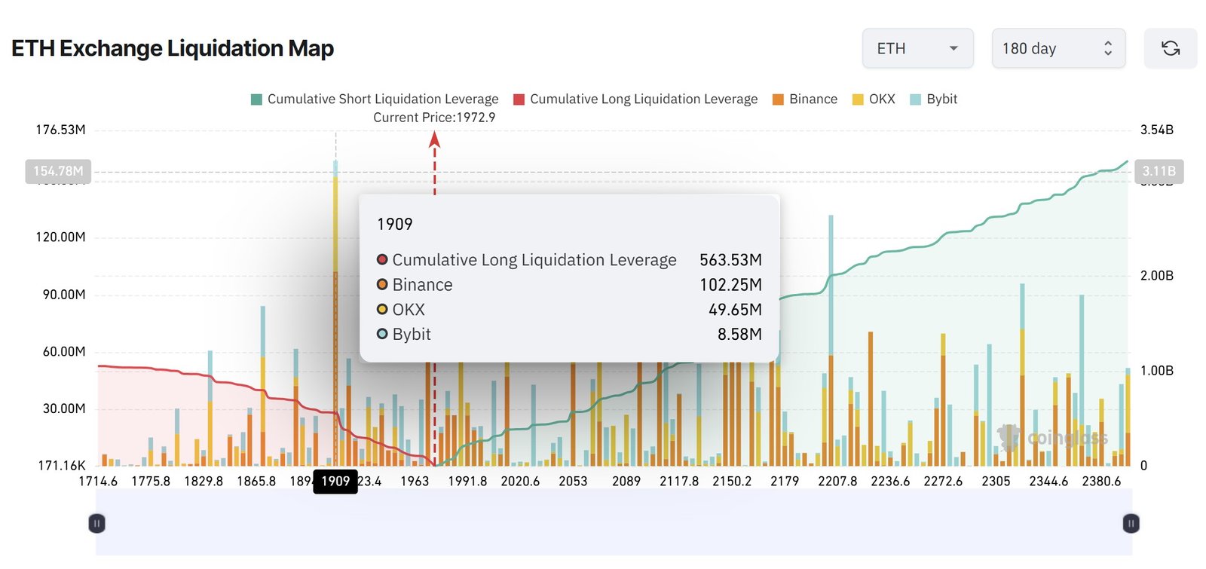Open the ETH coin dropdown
(917, 48)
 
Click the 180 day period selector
(1058, 48)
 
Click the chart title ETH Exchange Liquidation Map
(173, 48)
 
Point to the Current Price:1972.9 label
(434, 118)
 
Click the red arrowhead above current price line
(434, 139)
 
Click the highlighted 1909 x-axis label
(335, 481)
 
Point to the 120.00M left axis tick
(60, 237)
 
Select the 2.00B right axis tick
(1156, 275)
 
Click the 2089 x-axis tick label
(626, 481)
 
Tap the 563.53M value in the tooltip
(730, 260)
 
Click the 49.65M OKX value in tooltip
(735, 310)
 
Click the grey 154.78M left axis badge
(58, 171)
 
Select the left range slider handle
(96, 523)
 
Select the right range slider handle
(1131, 523)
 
